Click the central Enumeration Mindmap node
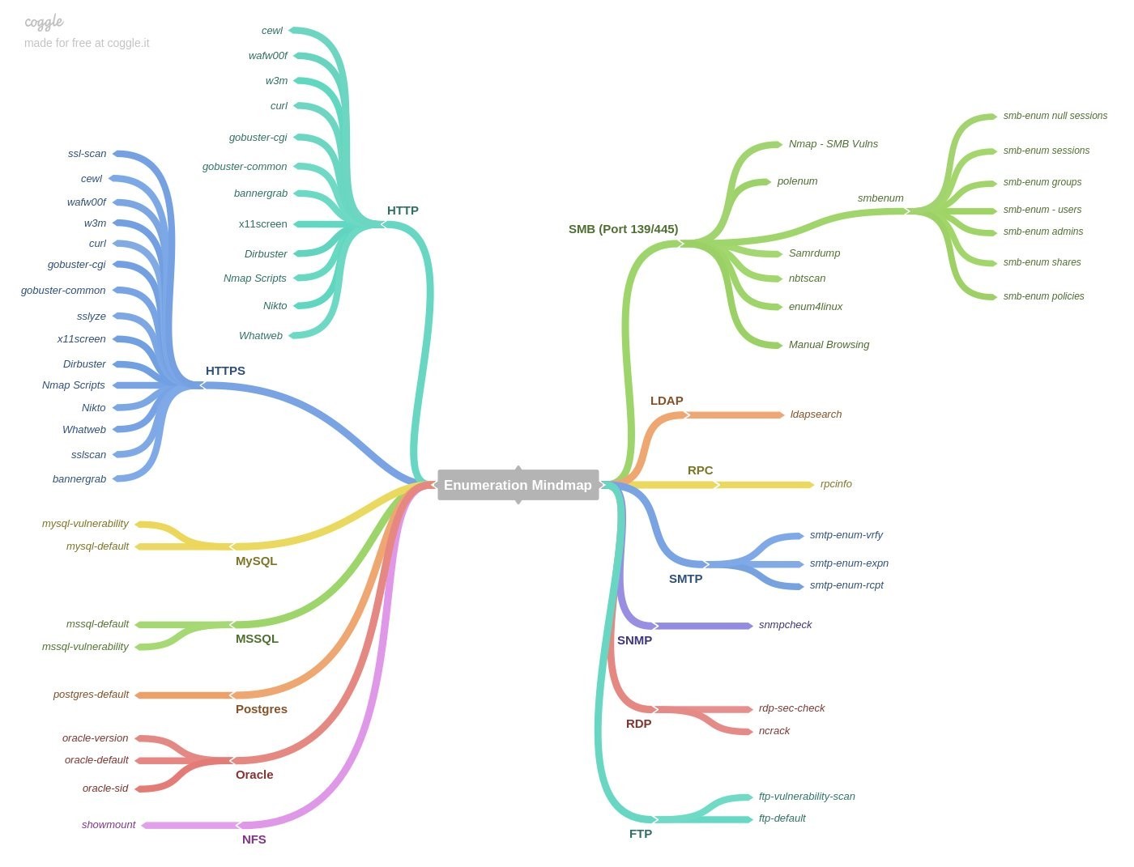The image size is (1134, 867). coord(518,485)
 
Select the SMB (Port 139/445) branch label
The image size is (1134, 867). coord(623,229)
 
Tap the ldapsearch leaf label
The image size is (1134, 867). coord(816,414)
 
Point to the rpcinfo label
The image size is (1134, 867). coord(836,484)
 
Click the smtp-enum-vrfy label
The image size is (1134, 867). coord(846,535)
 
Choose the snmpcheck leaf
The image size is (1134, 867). coord(785,625)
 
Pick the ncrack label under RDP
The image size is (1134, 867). coord(774,731)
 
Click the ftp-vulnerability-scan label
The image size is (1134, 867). coord(807,797)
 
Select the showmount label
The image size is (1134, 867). coord(109,825)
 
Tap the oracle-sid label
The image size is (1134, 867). coord(105,788)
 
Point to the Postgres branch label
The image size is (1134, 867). coord(262,709)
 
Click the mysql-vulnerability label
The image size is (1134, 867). coord(85,524)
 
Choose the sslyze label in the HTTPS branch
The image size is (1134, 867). coord(92,317)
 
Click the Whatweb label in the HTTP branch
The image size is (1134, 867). coord(261,336)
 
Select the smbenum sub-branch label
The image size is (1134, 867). coord(880,198)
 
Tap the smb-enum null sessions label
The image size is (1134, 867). coord(1055,116)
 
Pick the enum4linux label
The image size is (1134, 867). coord(816,307)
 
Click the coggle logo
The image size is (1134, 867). coord(44,22)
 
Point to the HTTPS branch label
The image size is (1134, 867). coord(225,371)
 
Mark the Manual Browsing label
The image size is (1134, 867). coord(829,345)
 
